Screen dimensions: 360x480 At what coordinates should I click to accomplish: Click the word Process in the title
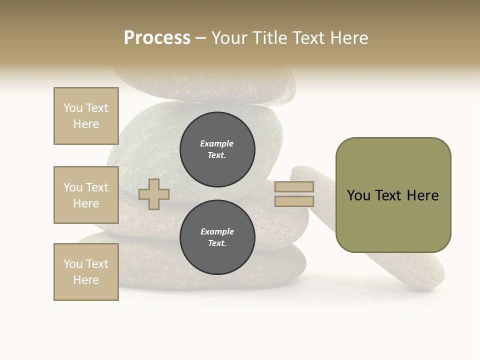coord(157,38)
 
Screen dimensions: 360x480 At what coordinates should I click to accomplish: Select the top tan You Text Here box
coord(86,116)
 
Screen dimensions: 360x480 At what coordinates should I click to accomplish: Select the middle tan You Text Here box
coord(86,195)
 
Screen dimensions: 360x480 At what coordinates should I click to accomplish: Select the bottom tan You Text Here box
coord(86,271)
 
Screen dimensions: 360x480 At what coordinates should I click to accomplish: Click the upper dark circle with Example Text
coord(217,149)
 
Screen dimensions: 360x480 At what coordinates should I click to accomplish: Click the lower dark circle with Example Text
coord(217,237)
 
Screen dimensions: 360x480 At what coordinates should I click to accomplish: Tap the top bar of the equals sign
coord(294,187)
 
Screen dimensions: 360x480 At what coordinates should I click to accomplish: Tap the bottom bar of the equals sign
coord(294,201)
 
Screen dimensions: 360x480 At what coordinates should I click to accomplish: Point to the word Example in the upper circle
coord(216,143)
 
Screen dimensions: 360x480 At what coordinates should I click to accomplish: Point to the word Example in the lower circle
coord(217,231)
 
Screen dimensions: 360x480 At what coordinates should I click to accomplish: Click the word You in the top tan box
coord(73,108)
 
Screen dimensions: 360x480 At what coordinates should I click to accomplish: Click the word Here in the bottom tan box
coord(86,280)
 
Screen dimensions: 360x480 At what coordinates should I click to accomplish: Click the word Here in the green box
coord(422,195)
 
